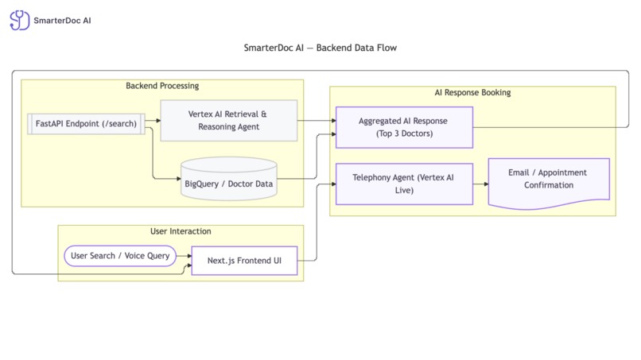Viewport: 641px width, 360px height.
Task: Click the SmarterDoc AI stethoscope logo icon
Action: [x=19, y=20]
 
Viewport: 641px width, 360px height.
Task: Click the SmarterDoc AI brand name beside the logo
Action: [x=62, y=20]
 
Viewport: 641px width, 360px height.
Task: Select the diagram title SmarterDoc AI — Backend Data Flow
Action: [x=320, y=48]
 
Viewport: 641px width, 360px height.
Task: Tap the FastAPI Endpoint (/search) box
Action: [x=86, y=123]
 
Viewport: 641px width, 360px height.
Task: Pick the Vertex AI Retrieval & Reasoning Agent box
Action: [x=229, y=121]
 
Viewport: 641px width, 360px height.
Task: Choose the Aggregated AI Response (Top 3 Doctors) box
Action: [x=404, y=127]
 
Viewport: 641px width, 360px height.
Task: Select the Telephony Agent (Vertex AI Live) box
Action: [x=404, y=184]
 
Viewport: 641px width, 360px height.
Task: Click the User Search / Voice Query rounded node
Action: [x=119, y=257]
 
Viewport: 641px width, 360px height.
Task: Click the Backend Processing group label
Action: [x=162, y=86]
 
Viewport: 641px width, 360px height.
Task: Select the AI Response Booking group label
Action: [x=472, y=93]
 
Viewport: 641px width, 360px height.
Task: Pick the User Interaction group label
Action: [x=181, y=231]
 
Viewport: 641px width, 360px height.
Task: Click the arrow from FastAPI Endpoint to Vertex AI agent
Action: [x=153, y=121]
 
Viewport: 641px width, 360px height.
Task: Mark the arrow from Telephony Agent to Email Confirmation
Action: [x=480, y=184]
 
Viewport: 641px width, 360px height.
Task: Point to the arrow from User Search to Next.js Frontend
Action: [x=184, y=257]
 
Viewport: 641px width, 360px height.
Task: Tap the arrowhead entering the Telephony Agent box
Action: [x=332, y=184]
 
